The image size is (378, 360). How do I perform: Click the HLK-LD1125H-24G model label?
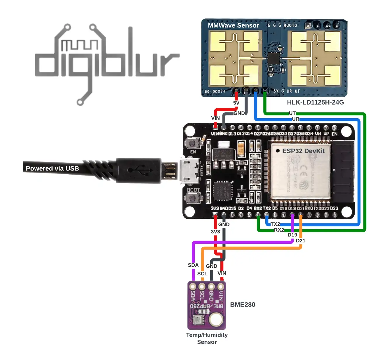315,102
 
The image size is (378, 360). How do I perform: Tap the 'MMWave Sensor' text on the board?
233,25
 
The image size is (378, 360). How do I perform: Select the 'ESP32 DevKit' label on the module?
303,151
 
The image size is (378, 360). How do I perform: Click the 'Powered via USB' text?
52,168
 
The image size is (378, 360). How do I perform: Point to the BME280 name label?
243,305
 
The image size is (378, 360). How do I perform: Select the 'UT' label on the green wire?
292,113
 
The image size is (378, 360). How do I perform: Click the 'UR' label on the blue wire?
295,119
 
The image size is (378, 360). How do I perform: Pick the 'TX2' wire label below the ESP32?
275,224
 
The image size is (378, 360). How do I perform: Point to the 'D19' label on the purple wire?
292,235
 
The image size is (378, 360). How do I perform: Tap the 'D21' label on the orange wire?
301,241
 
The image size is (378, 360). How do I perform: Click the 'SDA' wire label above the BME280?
193,265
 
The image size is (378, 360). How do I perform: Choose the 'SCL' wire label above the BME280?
202,274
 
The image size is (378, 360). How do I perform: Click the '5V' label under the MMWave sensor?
236,103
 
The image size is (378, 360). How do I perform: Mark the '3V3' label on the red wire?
215,232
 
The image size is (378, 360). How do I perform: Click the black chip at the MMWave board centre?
274,59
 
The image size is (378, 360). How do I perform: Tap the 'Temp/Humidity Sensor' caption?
207,338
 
